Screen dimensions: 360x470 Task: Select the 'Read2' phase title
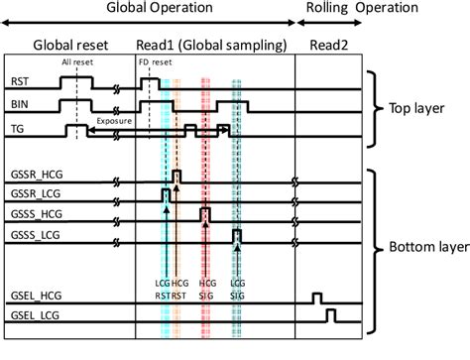pyautogui.click(x=327, y=45)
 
